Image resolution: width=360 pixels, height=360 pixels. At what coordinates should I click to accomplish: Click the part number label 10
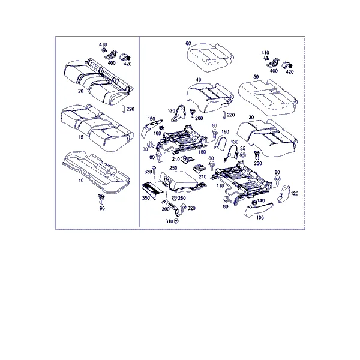tap(81, 181)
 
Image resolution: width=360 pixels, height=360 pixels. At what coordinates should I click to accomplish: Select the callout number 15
tap(81, 137)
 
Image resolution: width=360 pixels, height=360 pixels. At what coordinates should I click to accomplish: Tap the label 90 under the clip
tap(102, 208)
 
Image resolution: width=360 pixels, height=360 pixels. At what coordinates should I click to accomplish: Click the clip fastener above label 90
tap(101, 199)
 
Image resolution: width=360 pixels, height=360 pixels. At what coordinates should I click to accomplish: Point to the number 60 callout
tap(188, 43)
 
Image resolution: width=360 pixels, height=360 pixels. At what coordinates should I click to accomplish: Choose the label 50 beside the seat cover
tap(256, 77)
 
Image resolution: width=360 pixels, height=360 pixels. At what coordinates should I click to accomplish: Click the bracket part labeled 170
tap(178, 113)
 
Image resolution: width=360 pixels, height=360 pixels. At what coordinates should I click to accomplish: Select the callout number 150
tap(151, 119)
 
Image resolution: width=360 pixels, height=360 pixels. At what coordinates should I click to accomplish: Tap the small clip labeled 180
tap(161, 127)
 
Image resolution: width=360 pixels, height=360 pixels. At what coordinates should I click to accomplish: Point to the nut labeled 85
tap(242, 155)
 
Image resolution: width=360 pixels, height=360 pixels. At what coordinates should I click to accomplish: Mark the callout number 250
tap(173, 168)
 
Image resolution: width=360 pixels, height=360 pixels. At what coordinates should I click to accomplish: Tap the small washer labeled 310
tap(176, 221)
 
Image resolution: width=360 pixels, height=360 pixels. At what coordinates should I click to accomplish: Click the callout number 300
tap(166, 209)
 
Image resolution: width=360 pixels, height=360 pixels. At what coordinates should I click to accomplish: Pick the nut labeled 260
tap(175, 198)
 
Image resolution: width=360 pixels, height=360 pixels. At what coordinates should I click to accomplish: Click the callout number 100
tap(260, 217)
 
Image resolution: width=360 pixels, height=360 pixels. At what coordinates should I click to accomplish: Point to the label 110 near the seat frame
tap(220, 185)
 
